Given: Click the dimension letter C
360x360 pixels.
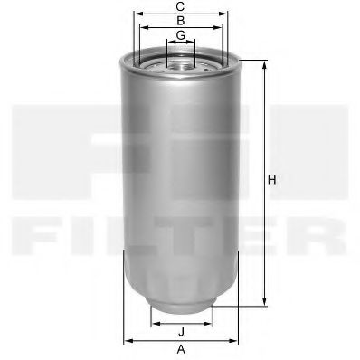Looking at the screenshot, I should click(181, 5).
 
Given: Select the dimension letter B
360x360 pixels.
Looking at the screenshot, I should click(181, 20).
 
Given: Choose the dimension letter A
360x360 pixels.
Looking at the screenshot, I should click(181, 349).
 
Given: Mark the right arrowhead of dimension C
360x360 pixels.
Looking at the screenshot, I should click(226, 14).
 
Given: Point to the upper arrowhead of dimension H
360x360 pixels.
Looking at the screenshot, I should click(264, 63).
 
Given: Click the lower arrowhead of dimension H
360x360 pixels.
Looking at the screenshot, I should click(264, 303).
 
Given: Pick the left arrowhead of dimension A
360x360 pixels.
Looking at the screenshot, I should click(126, 340).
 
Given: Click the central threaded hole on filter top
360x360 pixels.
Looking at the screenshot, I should click(181, 62).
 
